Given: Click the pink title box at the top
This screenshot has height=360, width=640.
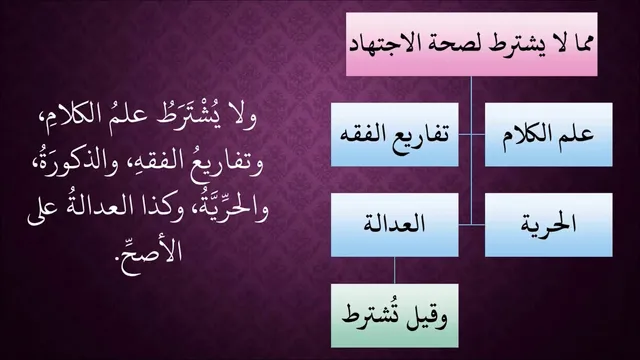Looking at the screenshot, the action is [x=471, y=44].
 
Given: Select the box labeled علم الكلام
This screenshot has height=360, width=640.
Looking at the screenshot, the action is [x=548, y=134].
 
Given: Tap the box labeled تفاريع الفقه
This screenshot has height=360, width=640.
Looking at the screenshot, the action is [x=394, y=134].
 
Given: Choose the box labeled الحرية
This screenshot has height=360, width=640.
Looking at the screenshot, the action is [x=548, y=225].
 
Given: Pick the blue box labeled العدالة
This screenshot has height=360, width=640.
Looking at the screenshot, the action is [x=394, y=225].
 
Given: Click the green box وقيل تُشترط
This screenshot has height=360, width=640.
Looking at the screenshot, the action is [x=394, y=316].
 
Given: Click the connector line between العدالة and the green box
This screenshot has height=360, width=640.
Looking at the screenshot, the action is [x=394, y=271].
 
